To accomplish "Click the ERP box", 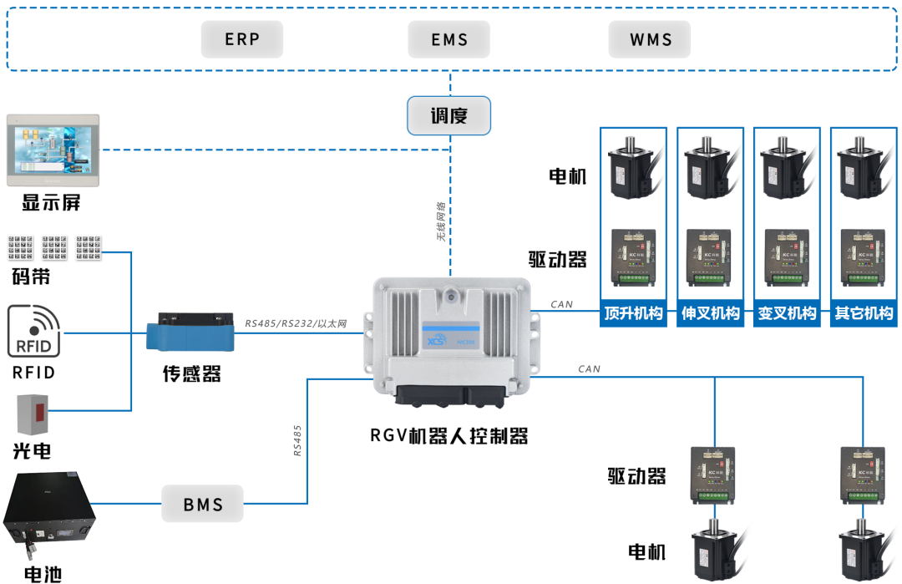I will (x=242, y=39).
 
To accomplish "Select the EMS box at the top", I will (x=449, y=39).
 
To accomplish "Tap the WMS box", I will (x=650, y=39).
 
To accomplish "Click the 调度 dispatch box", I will (x=448, y=115).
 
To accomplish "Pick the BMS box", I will (x=203, y=504).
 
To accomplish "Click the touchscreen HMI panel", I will (x=53, y=150).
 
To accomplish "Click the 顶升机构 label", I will (x=633, y=314).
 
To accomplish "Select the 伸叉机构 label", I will (x=710, y=314).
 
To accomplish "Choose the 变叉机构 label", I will (x=786, y=314).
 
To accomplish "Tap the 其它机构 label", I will (x=864, y=314).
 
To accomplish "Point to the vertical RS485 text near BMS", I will (x=297, y=440).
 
